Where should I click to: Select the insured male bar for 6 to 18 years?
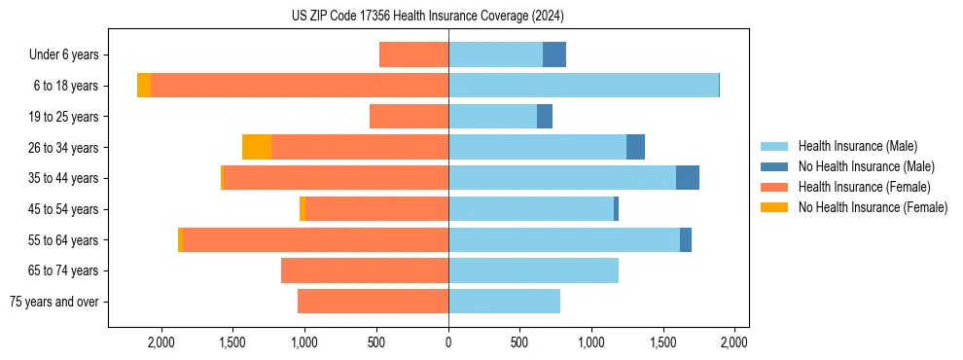tap(584, 86)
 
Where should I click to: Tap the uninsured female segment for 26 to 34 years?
tap(257, 147)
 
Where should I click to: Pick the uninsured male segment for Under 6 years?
tap(554, 54)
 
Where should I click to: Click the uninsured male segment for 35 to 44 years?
tap(688, 178)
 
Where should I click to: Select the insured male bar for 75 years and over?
tap(504, 302)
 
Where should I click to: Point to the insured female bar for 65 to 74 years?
tap(365, 270)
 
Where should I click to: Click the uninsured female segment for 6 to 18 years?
tap(144, 86)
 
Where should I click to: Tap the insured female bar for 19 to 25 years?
tap(409, 117)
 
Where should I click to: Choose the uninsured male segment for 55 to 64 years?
tap(686, 239)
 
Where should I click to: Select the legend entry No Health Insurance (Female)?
tap(873, 207)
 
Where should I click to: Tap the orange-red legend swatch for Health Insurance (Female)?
tap(775, 187)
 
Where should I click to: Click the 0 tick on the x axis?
tap(448, 342)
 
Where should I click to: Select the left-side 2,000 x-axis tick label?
tap(161, 342)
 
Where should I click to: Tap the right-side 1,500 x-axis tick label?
tap(663, 342)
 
